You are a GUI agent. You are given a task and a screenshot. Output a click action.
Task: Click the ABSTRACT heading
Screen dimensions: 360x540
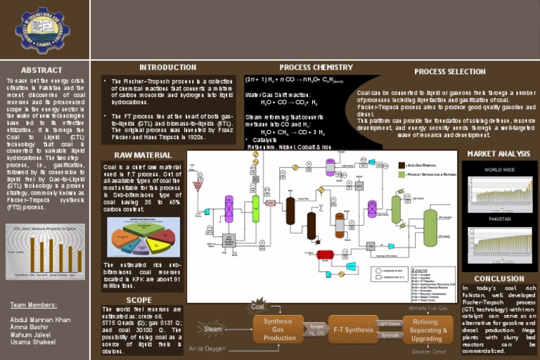[x=41, y=70]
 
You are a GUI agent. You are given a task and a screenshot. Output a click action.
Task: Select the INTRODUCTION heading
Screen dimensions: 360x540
[x=167, y=67]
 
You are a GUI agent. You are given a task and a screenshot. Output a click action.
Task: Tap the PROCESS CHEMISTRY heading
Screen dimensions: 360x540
[x=316, y=67]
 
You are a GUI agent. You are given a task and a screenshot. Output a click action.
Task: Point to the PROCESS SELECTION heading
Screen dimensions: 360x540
[x=450, y=72]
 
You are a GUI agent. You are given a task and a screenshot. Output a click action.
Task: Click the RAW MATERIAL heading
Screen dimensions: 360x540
[x=143, y=155]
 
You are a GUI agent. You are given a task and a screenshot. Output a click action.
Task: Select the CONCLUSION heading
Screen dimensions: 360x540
[x=499, y=278]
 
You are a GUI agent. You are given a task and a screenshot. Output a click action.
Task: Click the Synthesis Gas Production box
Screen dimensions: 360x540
[x=279, y=329]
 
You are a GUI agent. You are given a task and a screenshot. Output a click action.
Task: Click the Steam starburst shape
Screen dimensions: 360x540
[x=214, y=328]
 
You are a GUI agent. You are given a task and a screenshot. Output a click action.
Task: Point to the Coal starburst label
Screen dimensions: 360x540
[x=258, y=307]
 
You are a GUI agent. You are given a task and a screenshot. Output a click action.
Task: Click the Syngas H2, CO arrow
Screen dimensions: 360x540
[x=316, y=329]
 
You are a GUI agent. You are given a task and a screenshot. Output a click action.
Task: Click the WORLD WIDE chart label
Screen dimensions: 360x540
[x=499, y=170]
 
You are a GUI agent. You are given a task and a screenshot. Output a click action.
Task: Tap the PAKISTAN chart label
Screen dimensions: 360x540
[x=499, y=219]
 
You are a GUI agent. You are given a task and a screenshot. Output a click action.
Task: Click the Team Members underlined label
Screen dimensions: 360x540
[x=33, y=305]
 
